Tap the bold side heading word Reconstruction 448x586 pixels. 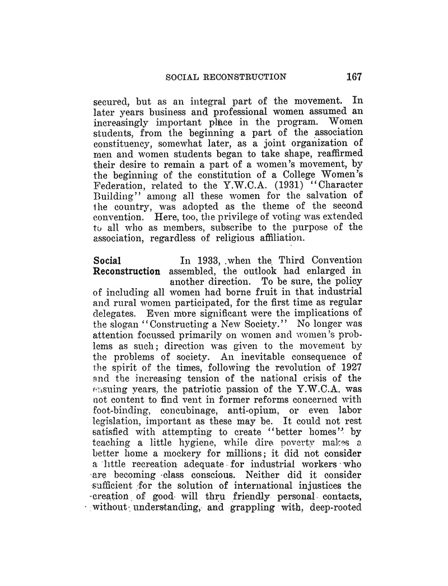(126, 271)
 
